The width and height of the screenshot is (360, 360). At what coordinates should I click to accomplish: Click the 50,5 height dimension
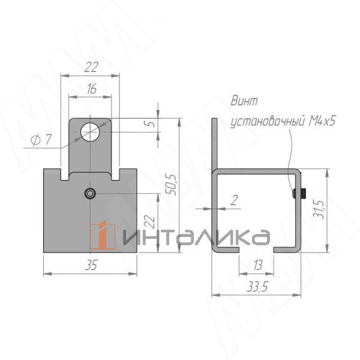tap(172, 184)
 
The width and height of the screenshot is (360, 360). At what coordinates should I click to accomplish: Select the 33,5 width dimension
tap(257, 287)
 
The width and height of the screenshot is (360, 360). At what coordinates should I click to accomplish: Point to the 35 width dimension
tap(91, 265)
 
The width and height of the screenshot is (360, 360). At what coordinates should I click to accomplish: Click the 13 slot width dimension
tap(257, 265)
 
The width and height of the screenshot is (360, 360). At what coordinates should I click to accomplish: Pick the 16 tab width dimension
tap(91, 89)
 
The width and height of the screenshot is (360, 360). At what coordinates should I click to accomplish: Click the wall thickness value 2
tap(234, 200)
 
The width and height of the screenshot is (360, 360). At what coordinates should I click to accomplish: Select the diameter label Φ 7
tap(41, 140)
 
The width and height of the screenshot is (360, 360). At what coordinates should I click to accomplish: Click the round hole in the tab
tap(90, 132)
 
